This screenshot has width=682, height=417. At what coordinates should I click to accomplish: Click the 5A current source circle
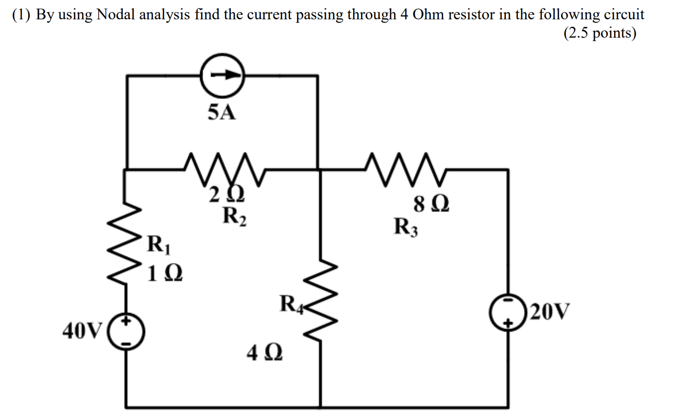[223, 76]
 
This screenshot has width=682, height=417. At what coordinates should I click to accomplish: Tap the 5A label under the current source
[221, 114]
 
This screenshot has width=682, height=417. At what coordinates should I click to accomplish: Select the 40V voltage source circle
[126, 331]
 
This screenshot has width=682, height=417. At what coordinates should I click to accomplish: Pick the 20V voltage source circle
[508, 312]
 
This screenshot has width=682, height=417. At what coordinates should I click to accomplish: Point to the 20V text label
[550, 312]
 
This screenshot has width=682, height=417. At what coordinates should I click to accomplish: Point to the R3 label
[406, 227]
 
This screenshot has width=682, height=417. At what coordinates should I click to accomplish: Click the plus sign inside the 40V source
[126, 322]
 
